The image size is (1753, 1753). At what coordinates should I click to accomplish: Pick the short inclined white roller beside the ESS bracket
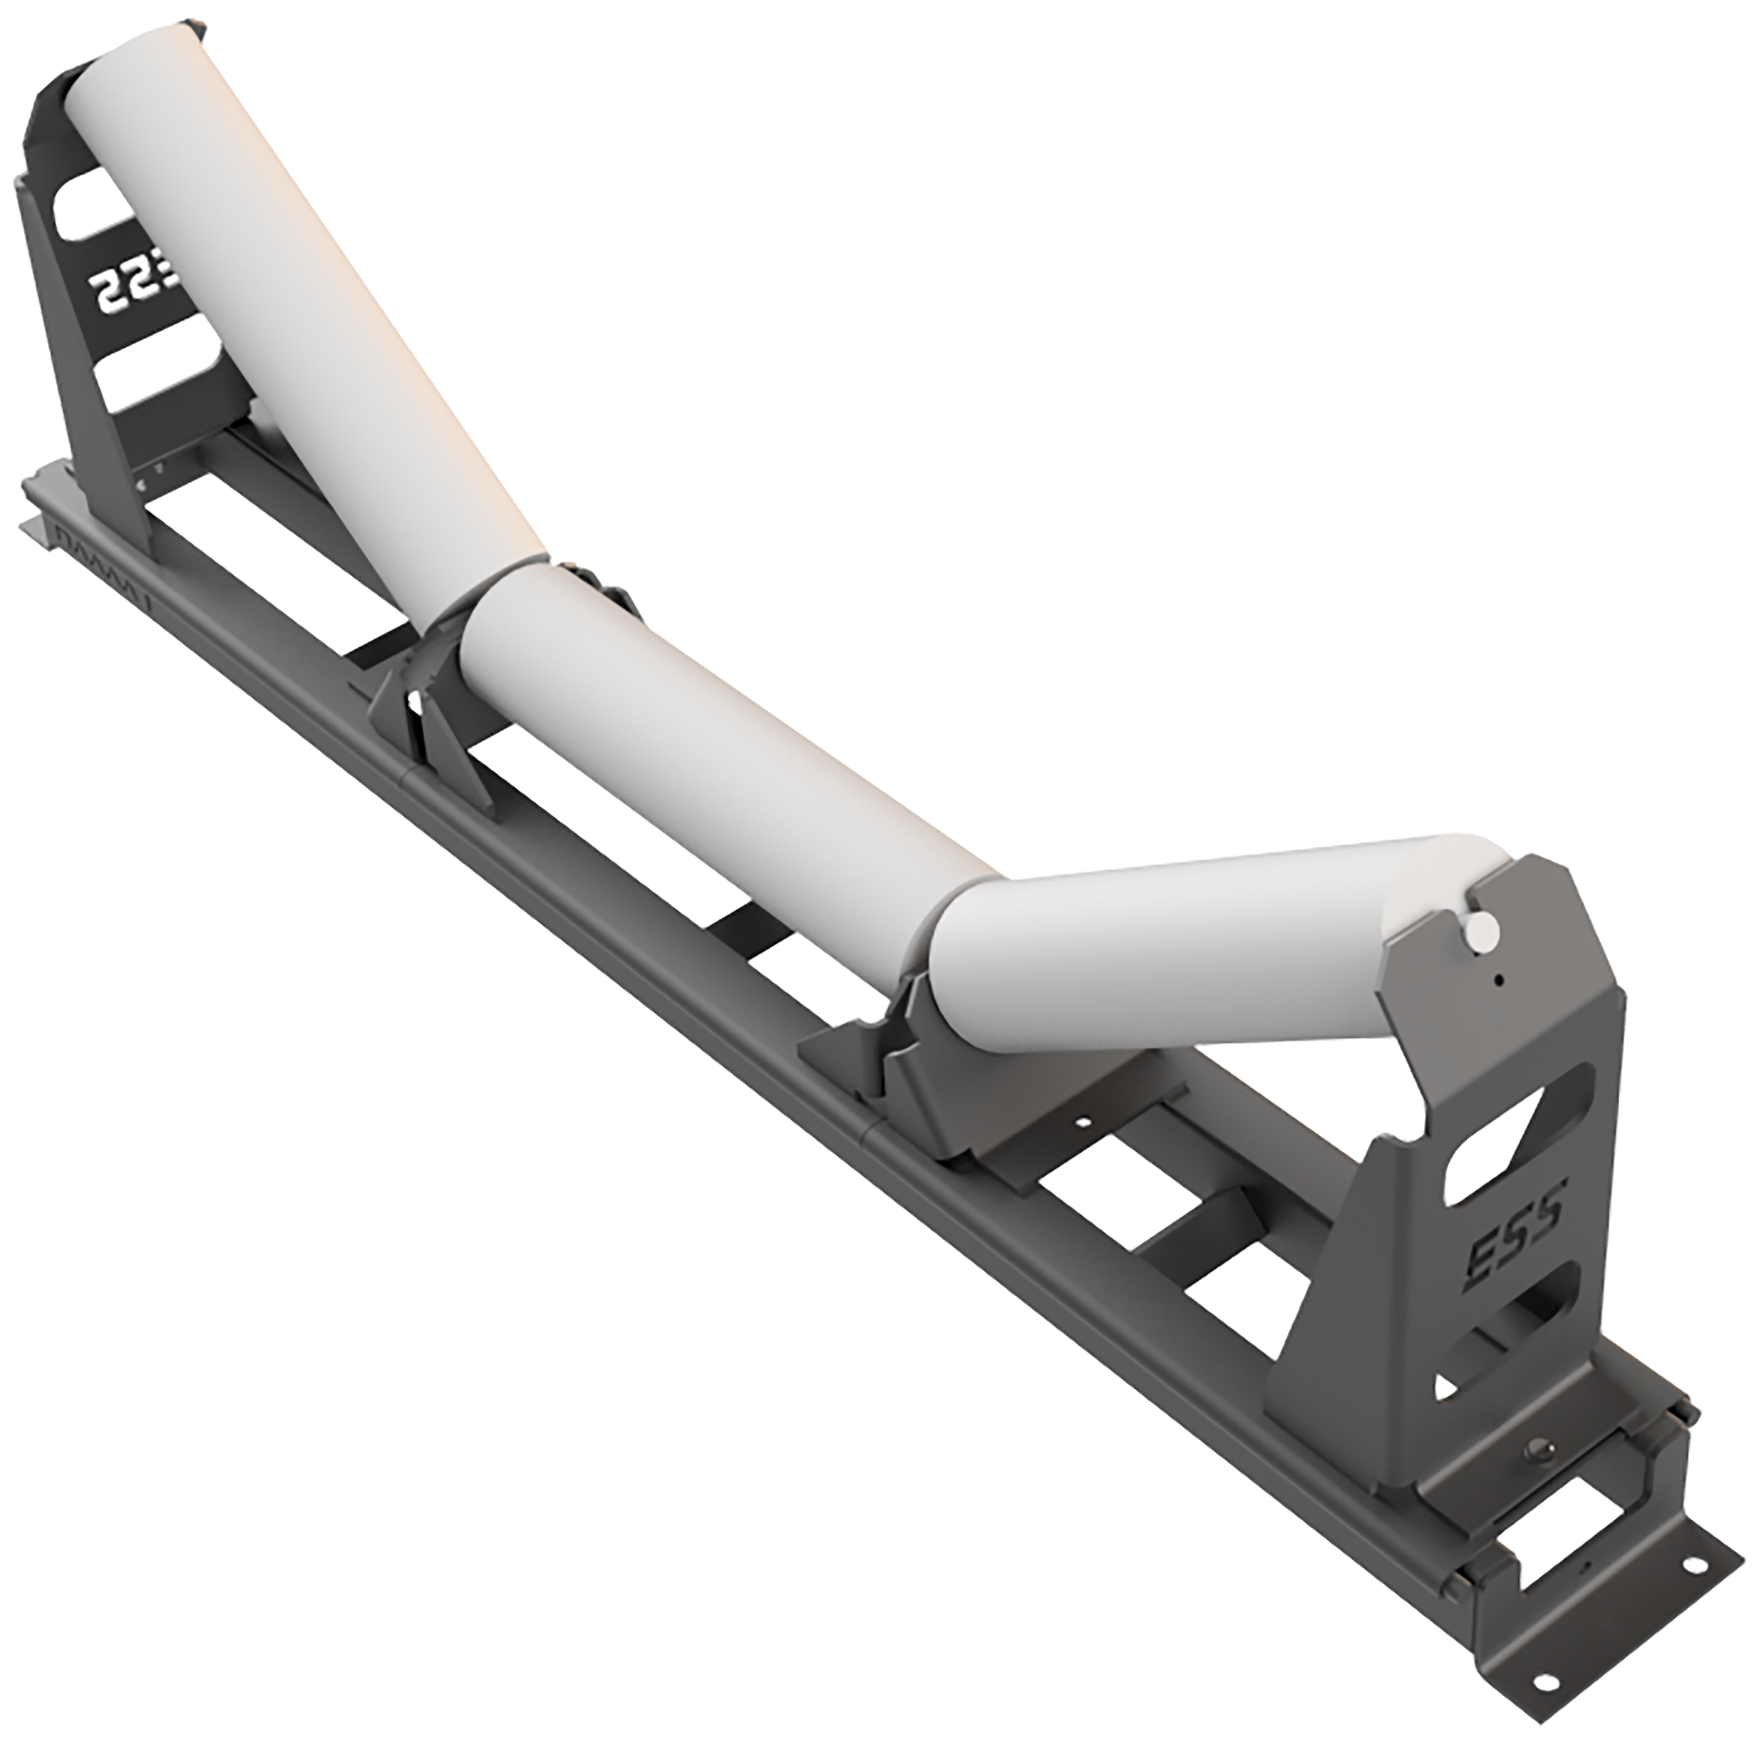(1169, 941)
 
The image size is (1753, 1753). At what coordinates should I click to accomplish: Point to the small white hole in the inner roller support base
(1081, 1123)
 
